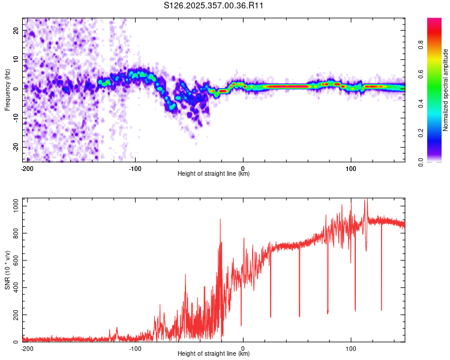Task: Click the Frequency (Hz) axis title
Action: click(x=7, y=90)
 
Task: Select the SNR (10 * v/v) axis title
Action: click(x=7, y=271)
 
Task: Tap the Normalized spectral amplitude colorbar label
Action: click(x=446, y=90)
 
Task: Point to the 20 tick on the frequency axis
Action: click(x=16, y=29)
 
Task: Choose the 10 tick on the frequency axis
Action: click(x=16, y=59)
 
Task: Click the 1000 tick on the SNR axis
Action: click(x=12, y=206)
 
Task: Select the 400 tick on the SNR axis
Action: click(x=14, y=287)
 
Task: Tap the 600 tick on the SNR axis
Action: click(x=14, y=260)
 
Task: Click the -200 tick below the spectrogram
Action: click(x=27, y=169)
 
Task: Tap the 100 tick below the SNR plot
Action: click(x=351, y=348)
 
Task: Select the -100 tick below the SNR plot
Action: click(x=135, y=348)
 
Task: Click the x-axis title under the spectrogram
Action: click(x=214, y=174)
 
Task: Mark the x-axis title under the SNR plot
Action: click(x=214, y=354)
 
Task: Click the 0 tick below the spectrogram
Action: click(x=243, y=169)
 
